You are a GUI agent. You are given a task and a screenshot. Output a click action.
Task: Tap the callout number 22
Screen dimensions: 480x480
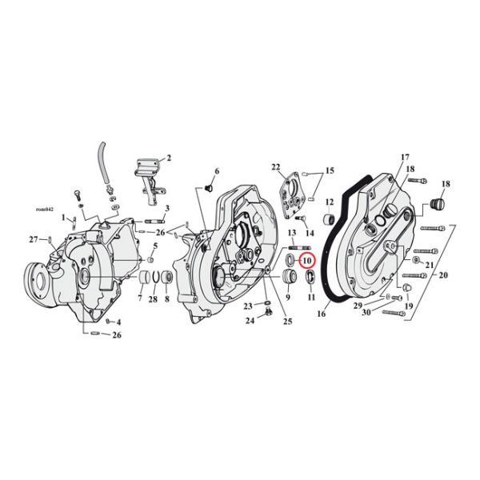pos(277,167)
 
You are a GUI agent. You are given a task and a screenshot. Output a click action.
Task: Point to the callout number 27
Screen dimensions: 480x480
pos(33,239)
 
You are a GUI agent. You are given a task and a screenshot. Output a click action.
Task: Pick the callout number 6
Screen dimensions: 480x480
pos(216,171)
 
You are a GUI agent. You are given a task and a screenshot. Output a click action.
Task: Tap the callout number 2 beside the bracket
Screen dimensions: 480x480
pos(168,158)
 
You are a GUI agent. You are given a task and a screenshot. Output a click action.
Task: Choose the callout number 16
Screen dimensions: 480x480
pos(322,314)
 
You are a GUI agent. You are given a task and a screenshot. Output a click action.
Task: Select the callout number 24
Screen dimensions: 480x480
pos(250,321)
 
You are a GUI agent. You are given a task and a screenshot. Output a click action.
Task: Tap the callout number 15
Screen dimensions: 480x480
pos(329,170)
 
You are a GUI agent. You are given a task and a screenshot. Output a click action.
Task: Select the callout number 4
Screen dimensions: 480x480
pos(118,322)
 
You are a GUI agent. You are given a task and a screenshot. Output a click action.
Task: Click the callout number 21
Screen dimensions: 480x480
pos(430,265)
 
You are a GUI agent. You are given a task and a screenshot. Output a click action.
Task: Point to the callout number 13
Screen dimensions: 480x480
pos(293,232)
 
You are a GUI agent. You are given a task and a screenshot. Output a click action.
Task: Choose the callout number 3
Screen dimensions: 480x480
pos(167,208)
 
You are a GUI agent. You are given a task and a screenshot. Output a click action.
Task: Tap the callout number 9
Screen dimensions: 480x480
pos(287,298)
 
